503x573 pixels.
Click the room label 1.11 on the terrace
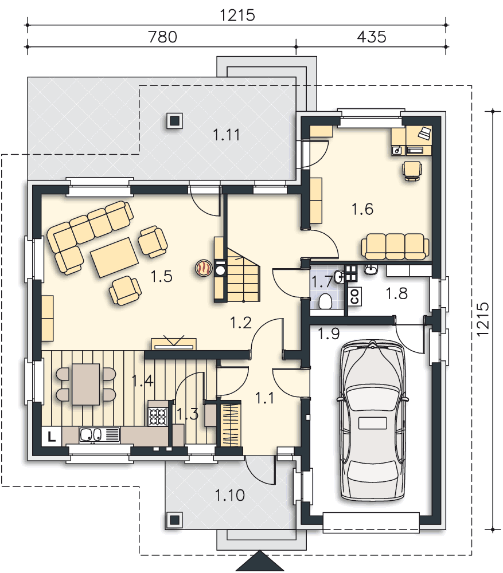[227, 135]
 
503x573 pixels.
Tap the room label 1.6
[362, 209]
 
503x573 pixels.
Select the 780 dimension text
[162, 37]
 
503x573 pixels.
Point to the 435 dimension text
[371, 37]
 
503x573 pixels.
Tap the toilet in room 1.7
[325, 301]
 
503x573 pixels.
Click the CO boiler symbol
[355, 296]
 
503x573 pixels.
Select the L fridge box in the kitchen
[52, 436]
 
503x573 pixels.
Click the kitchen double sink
[91, 435]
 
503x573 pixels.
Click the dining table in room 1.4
[86, 384]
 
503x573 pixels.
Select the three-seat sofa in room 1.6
[395, 246]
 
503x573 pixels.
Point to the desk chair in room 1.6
[412, 171]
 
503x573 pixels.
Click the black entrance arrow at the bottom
[260, 562]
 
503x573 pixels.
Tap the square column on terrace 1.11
[175, 120]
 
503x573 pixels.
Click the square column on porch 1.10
[175, 520]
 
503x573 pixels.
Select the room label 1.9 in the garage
[329, 333]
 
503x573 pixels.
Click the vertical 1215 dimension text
[483, 319]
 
